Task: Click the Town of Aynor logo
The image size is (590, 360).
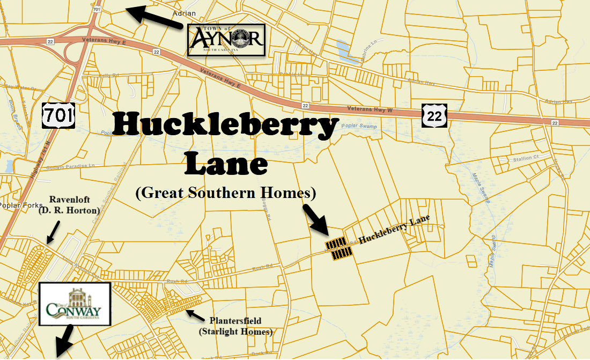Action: tap(226, 40)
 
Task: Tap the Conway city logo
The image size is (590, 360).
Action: tap(75, 304)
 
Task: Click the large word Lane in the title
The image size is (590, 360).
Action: tap(225, 164)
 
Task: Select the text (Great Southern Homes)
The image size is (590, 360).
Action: tap(226, 193)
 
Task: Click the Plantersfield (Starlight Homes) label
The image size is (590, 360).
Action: tap(236, 326)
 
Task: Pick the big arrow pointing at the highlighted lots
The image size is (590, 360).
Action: tap(316, 219)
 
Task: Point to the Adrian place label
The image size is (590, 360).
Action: tap(185, 13)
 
